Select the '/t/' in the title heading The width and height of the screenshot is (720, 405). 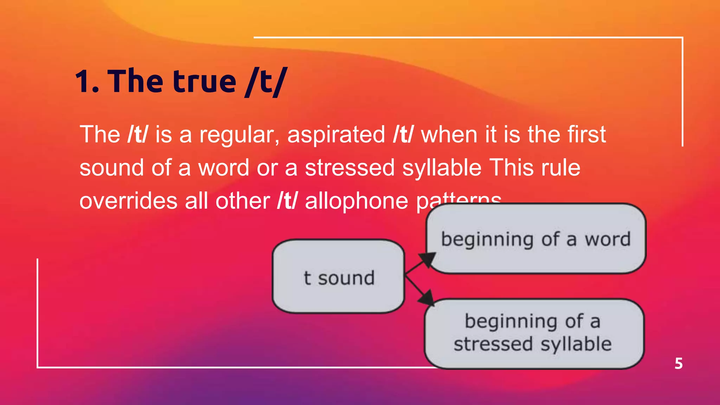click(267, 82)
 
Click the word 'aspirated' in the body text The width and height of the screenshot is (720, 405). click(336, 135)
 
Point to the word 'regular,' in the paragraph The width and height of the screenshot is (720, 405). click(239, 135)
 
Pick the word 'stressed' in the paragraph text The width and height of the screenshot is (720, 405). click(350, 168)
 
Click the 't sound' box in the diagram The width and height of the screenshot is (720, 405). click(339, 277)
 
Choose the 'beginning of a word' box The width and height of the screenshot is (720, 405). click(536, 239)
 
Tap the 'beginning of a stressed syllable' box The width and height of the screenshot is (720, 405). click(534, 333)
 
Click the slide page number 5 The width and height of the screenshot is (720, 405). click(679, 364)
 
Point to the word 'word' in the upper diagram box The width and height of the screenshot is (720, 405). click(607, 239)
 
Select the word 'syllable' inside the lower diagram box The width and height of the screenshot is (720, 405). click(576, 344)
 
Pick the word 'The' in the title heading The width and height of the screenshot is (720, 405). click(135, 82)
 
